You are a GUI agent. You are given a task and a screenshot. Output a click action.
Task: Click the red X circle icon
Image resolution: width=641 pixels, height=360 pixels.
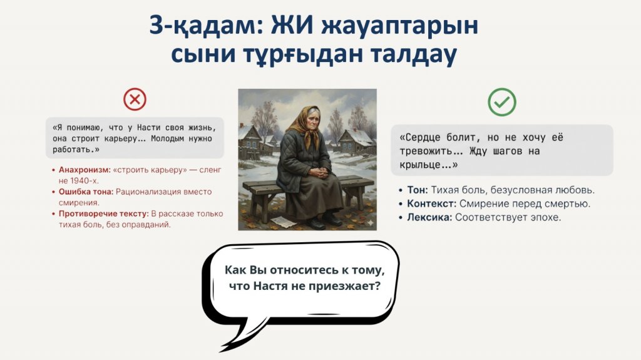click(x=135, y=100)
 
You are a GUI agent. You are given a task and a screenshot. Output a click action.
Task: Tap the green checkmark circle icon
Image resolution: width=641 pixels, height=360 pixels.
click(x=502, y=102)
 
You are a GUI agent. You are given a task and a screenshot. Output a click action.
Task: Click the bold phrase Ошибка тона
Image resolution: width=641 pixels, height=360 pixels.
click(x=86, y=192)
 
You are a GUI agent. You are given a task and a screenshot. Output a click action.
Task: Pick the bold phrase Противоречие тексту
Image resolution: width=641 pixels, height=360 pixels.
click(x=103, y=213)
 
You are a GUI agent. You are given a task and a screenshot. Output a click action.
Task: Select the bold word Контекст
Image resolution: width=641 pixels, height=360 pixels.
click(x=431, y=203)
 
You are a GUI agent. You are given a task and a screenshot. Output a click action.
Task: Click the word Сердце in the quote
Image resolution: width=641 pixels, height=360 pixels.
click(x=419, y=138)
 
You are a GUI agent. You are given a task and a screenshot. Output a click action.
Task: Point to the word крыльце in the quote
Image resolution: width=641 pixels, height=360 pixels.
click(x=424, y=165)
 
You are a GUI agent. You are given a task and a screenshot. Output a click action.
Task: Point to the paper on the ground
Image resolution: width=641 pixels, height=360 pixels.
click(x=282, y=222)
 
